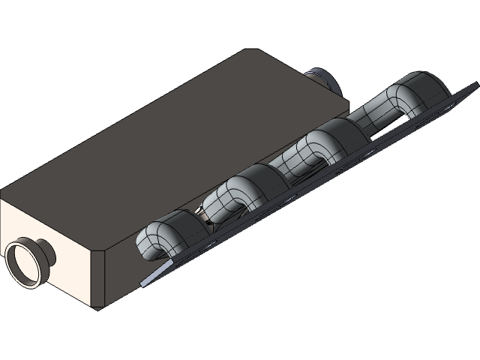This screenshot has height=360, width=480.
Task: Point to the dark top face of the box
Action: point(172,135)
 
